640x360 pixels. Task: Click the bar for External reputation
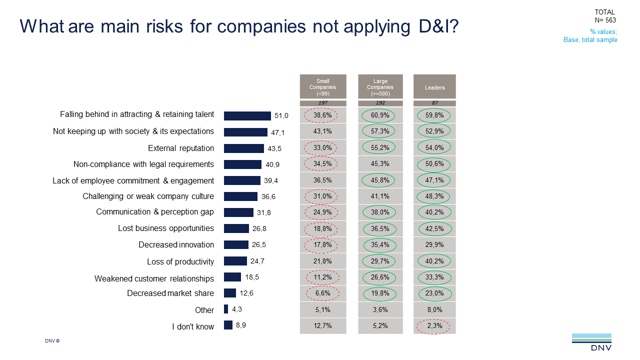click(243, 148)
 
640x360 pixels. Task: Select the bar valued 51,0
click(247, 116)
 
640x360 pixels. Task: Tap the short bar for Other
click(226, 309)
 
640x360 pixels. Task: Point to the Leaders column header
click(434, 87)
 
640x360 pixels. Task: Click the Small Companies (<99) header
click(322, 87)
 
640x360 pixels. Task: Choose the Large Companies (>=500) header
click(380, 87)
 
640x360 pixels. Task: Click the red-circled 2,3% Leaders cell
click(434, 326)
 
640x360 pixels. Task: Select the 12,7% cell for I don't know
click(322, 326)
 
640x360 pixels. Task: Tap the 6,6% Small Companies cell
click(322, 293)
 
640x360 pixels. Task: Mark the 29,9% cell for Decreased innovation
click(434, 244)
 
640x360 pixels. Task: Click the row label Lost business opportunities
click(166, 228)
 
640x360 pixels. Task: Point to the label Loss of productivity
click(180, 261)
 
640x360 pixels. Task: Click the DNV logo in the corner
click(591, 342)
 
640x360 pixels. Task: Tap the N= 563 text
click(605, 20)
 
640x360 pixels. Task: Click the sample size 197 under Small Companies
click(322, 103)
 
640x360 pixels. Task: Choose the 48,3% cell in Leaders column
click(434, 196)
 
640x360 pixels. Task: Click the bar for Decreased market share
click(230, 293)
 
